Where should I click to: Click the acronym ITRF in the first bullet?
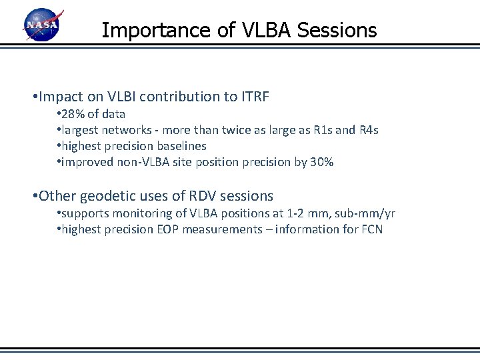tap(253, 97)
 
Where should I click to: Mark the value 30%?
tap(321, 162)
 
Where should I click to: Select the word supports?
tap(83, 213)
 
